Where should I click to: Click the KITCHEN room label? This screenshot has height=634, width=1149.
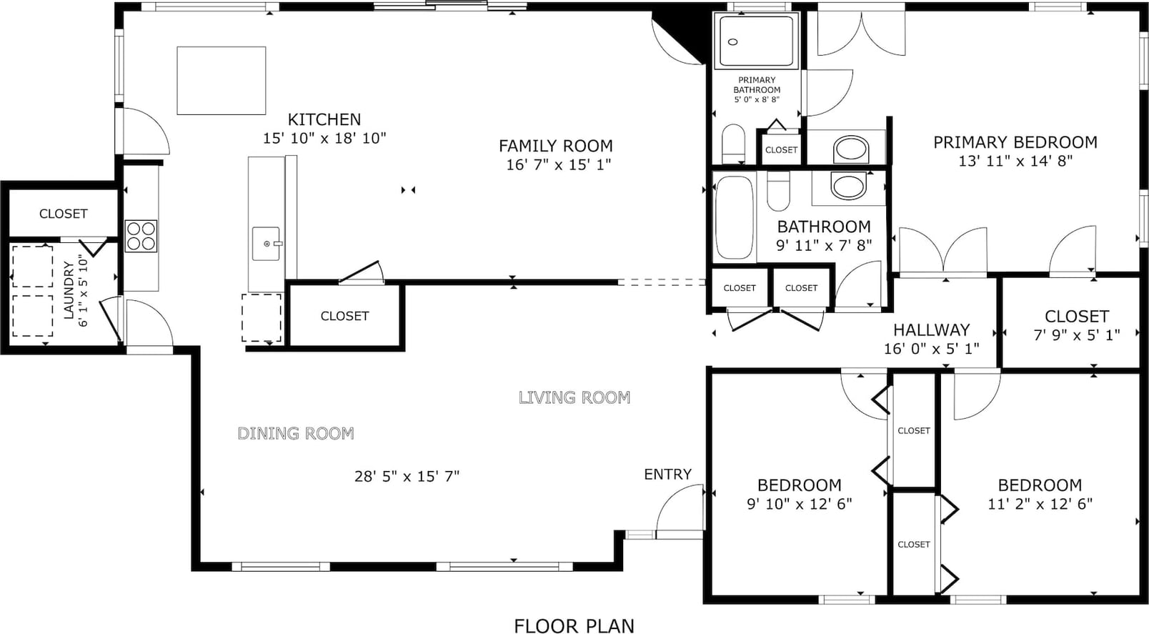tap(324, 119)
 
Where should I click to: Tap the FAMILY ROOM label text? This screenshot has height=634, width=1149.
tap(555, 147)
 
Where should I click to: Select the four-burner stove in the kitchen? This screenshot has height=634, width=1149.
tap(141, 236)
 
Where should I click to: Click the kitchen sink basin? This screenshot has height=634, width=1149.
tap(267, 244)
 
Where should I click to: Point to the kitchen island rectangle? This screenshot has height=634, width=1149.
tap(222, 81)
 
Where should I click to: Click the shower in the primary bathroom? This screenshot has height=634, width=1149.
tap(756, 41)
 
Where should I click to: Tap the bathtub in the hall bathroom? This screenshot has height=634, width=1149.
tap(734, 217)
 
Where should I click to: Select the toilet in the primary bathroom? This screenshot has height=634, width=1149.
tap(733, 143)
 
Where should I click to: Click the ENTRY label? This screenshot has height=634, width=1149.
tap(667, 475)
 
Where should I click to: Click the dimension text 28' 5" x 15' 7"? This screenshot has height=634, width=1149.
tap(407, 477)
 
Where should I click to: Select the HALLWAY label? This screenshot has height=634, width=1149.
tap(932, 330)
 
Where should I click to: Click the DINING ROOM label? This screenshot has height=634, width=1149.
tap(296, 433)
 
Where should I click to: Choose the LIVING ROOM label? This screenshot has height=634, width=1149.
tap(574, 397)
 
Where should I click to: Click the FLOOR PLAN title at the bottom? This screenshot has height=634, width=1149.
tap(574, 626)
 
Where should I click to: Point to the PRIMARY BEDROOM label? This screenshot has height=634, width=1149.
tap(1015, 142)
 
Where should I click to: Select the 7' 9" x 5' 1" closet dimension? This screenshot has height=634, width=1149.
tap(1076, 335)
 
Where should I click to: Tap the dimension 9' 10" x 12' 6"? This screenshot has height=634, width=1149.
tap(799, 504)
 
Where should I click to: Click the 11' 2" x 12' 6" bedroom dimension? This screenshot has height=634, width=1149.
tap(1040, 504)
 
